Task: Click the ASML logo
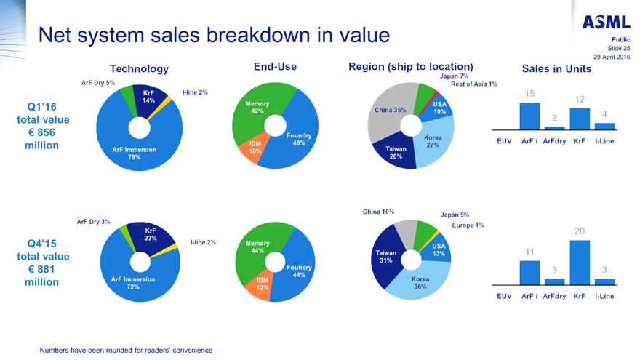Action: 606,23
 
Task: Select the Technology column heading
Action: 139,68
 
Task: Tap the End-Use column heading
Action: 275,67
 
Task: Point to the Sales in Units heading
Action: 556,69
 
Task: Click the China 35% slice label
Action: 390,110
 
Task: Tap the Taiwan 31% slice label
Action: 385,257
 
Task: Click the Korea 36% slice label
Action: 421,283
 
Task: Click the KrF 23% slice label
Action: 151,234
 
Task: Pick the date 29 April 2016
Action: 612,57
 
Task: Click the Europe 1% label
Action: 468,225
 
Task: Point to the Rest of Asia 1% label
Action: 474,84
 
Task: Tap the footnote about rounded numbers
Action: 126,350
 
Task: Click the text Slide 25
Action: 616,48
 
